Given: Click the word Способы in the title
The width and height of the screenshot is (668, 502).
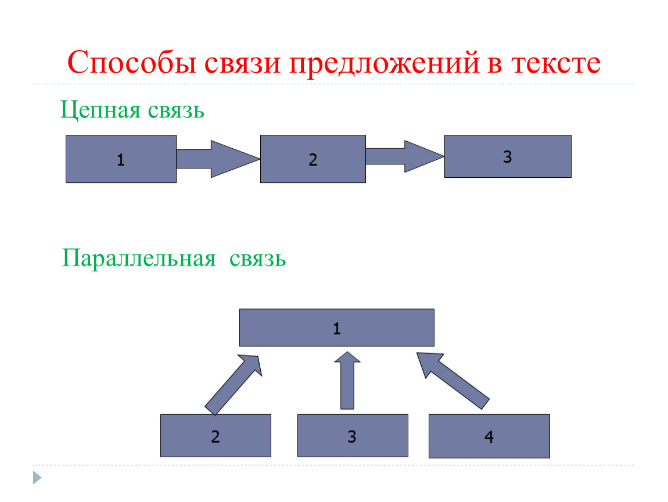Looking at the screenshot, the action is click(x=132, y=62).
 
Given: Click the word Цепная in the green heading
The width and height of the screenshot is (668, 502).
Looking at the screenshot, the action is click(x=100, y=110).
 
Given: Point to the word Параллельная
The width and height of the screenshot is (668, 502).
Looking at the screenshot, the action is click(x=139, y=258).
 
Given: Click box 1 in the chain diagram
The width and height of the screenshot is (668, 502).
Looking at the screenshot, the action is click(x=121, y=159).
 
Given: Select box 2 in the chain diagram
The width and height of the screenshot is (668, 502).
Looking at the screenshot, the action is click(x=313, y=159).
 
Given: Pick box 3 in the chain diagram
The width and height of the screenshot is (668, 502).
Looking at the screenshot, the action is click(x=508, y=156).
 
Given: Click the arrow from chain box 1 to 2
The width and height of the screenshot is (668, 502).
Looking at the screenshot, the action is click(x=218, y=159).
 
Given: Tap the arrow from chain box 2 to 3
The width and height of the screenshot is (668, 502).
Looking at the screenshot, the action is click(x=405, y=156).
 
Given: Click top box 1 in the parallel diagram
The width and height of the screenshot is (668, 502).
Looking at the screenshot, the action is click(x=336, y=328).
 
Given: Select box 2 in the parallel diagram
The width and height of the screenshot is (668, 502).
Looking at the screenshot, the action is click(x=216, y=436).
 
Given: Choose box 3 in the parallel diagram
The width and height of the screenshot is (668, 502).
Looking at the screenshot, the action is click(x=353, y=436).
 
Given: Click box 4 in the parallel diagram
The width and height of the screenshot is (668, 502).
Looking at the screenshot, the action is click(x=489, y=436).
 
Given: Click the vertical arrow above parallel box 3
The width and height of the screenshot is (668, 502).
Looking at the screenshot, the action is click(x=347, y=380).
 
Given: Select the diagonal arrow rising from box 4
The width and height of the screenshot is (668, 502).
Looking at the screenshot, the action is click(x=452, y=380).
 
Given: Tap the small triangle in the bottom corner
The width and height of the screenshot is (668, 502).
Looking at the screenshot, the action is click(x=37, y=478).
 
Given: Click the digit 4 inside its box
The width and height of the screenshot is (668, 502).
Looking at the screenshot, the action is click(x=489, y=437).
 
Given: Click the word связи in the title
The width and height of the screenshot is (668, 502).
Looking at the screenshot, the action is click(x=242, y=63).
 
